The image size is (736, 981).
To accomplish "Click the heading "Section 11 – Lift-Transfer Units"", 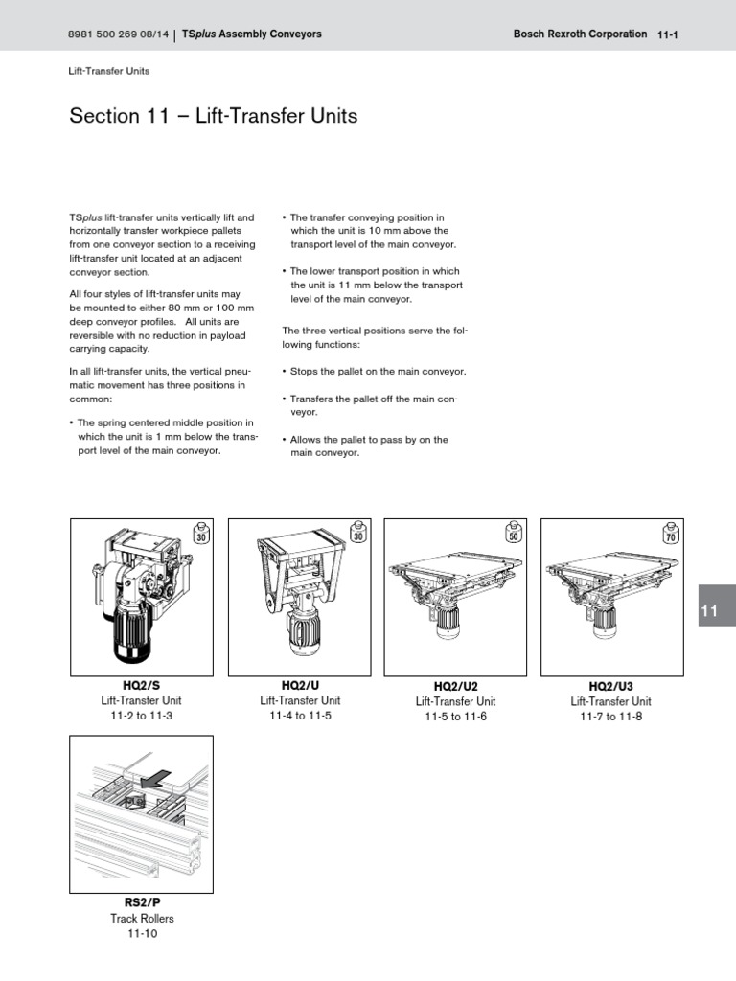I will [x=214, y=117].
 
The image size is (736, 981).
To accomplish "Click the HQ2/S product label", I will [x=142, y=686].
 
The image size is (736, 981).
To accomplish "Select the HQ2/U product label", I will [x=300, y=686].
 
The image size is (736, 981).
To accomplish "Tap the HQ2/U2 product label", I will [x=455, y=687].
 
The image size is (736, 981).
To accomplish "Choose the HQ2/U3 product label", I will [x=611, y=687].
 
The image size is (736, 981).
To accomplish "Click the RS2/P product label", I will [x=142, y=903].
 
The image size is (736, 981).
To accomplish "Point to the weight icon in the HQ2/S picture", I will [x=201, y=534].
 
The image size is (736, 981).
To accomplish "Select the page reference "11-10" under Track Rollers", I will [x=142, y=934].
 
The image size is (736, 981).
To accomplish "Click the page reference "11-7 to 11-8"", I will [x=611, y=718].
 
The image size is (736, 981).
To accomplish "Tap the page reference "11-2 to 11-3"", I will [x=142, y=717].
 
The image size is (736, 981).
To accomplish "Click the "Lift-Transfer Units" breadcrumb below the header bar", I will [x=109, y=71].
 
